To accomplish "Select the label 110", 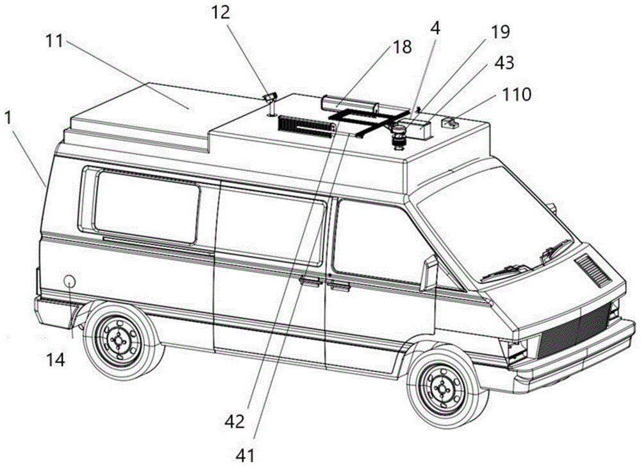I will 517,95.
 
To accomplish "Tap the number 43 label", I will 504,63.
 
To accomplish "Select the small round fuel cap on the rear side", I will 69,281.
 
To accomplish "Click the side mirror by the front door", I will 428,271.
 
